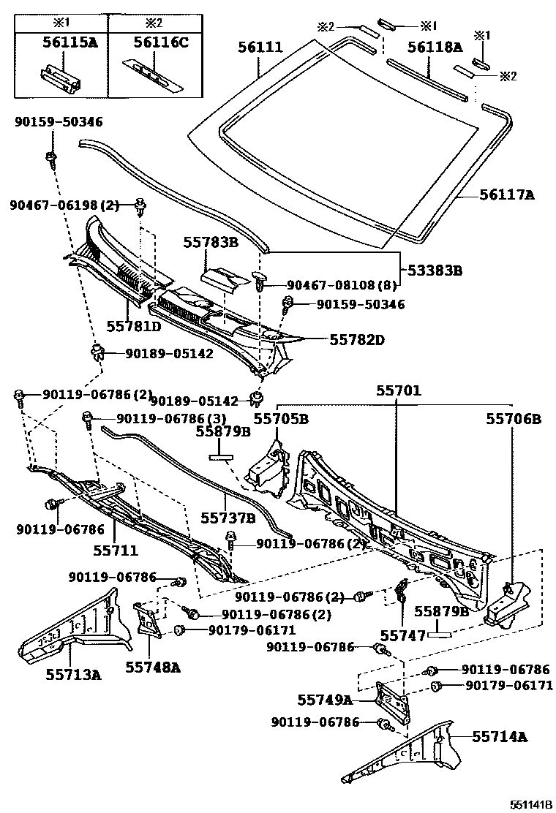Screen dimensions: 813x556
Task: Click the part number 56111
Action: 260,48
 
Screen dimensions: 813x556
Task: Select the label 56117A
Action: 507,195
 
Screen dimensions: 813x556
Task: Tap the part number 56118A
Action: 435,48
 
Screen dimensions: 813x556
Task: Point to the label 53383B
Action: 435,271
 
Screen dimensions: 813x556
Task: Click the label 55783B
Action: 210,241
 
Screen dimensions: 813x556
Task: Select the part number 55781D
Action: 134,326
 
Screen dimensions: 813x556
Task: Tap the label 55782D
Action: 357,340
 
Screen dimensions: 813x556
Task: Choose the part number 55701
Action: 399,391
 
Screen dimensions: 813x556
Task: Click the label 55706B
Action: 514,419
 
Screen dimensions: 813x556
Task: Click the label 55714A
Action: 499,737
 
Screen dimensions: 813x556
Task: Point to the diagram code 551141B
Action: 532,804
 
